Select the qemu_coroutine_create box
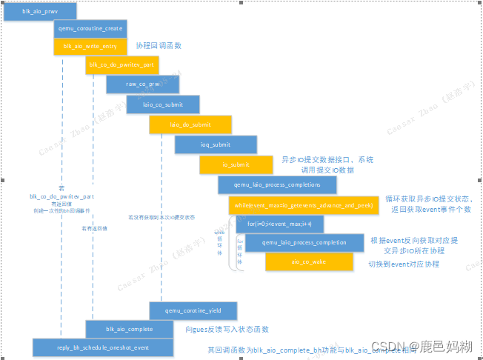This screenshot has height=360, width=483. [90, 28]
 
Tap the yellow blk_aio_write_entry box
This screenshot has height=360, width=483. [90, 46]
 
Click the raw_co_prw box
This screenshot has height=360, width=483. [143, 85]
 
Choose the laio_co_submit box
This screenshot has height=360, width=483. [163, 105]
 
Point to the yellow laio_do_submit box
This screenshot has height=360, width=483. [190, 124]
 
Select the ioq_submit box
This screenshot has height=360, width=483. [216, 144]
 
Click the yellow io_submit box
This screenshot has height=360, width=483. [236, 164]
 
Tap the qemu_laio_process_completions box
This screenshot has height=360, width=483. [276, 184]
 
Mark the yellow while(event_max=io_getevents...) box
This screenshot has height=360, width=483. [304, 204]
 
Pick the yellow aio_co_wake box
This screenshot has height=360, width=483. [309, 261]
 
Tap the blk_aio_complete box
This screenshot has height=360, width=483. [130, 329]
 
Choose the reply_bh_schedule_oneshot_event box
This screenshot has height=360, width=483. [102, 347]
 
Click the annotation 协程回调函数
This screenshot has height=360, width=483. [159, 46]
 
